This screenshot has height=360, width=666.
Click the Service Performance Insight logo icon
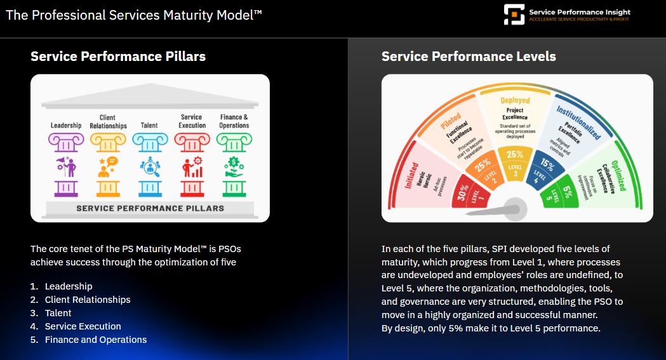tap(514, 15)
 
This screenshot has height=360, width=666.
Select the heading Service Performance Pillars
tap(118, 57)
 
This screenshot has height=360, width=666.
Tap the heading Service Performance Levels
tap(469, 57)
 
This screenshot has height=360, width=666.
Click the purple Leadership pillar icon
tap(66, 167)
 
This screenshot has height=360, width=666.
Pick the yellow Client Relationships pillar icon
tap(108, 167)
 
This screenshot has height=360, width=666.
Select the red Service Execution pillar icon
tap(192, 167)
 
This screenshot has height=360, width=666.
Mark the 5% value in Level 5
tap(566, 193)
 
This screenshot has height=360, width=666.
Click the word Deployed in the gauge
tap(515, 100)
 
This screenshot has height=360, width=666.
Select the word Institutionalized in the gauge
tap(578, 123)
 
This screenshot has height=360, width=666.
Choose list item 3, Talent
tap(58, 313)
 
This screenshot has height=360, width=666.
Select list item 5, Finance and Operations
tap(95, 340)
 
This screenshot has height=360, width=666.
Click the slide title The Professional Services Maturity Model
tap(133, 15)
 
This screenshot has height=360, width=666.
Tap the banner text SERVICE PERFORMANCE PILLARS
tap(150, 208)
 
